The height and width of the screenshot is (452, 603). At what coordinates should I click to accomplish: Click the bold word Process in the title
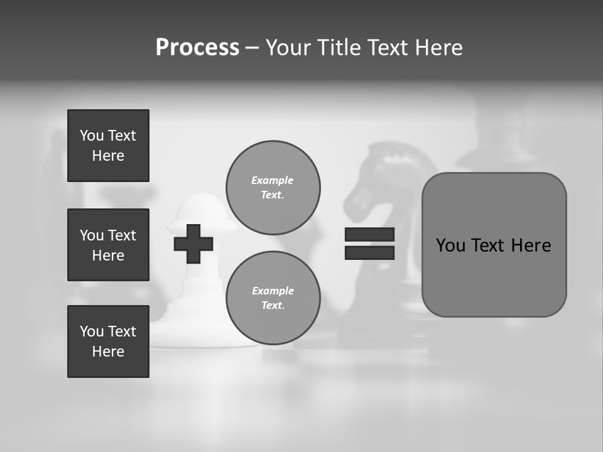(197, 48)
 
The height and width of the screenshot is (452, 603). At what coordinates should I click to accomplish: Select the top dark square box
(108, 146)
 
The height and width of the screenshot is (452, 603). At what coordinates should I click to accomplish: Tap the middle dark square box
(108, 245)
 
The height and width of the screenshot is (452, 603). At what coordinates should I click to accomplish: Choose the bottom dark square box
(108, 342)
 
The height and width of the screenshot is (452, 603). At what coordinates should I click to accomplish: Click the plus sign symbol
(193, 244)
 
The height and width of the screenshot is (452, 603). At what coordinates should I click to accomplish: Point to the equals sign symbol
(369, 244)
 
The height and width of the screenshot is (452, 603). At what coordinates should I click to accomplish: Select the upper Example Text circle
(273, 188)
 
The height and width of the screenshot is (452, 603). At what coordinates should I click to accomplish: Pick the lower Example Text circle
(273, 298)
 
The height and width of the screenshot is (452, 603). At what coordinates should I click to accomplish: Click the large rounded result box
(494, 245)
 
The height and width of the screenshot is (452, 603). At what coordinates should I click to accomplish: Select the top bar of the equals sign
(369, 234)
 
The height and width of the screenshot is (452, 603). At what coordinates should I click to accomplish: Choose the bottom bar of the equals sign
(369, 252)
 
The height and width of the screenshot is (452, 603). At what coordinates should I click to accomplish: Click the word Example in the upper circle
(273, 181)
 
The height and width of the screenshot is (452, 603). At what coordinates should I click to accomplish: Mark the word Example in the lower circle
(273, 291)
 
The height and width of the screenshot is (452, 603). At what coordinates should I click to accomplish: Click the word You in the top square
(92, 136)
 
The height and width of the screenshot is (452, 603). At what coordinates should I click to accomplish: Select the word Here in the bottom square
(108, 352)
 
